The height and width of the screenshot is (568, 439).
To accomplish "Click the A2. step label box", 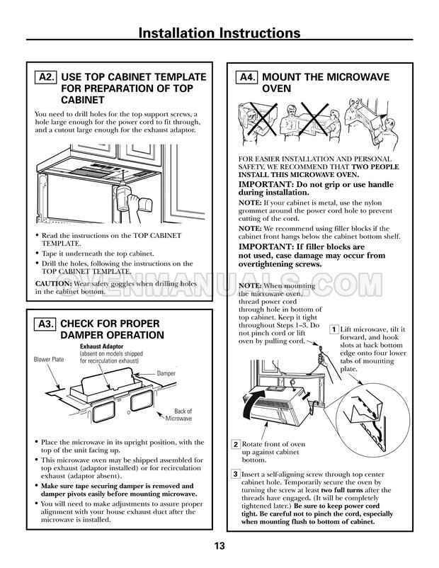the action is point(45,77).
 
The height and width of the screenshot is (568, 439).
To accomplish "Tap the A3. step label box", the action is point(45,324).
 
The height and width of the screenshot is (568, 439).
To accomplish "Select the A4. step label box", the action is point(247,77).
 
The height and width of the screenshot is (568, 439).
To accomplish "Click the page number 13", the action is point(219,545).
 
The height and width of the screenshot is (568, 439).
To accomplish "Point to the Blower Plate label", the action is point(49,359).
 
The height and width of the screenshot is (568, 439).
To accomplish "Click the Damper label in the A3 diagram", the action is point(166,373).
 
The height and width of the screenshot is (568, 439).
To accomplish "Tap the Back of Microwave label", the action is point(179,415).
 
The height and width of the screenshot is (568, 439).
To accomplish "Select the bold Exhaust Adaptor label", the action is point(101,346).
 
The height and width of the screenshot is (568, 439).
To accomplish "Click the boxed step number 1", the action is point(333,329).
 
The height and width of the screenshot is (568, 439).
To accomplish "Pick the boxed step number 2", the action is point(236,445).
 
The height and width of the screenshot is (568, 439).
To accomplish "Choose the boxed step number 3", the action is point(236,475).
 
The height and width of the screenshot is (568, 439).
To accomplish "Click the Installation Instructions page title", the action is point(219,33).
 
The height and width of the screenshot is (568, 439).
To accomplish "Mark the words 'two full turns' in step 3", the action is point(342,490).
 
